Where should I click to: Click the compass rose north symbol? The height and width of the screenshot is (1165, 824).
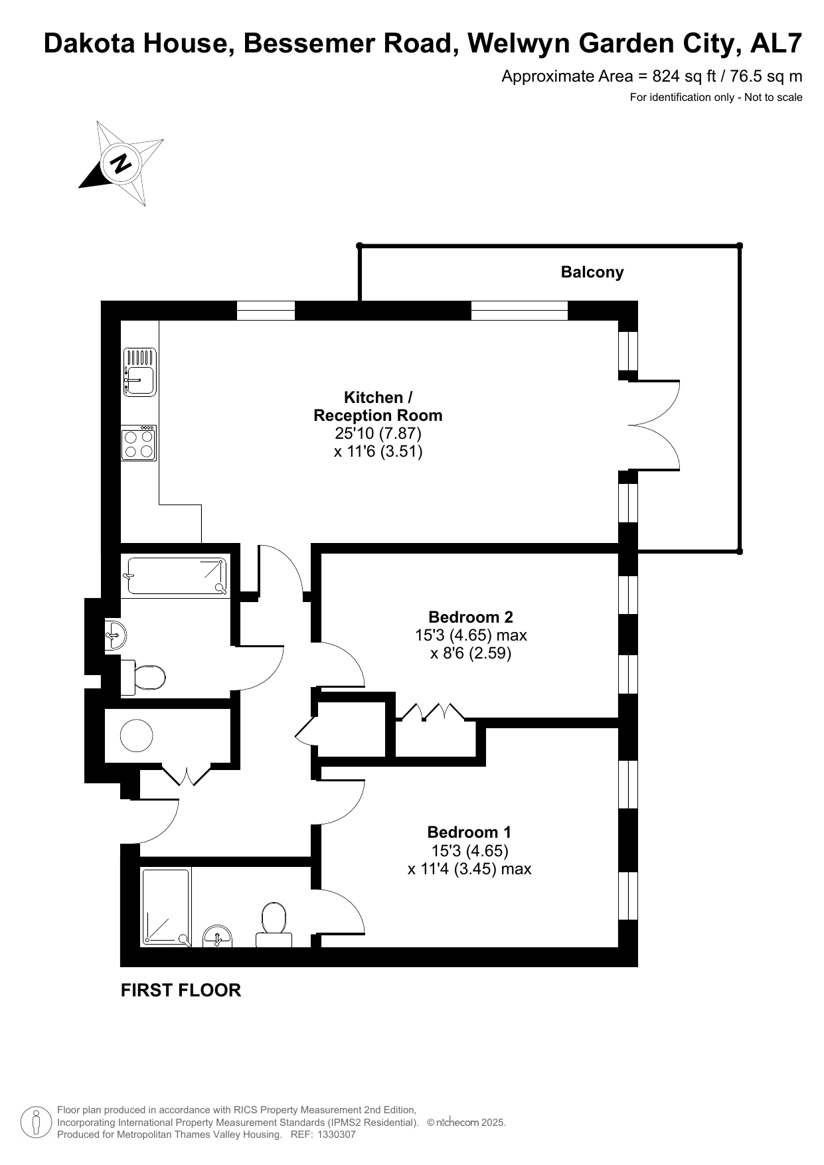tap(122, 163)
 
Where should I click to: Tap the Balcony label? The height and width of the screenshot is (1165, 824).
tap(592, 272)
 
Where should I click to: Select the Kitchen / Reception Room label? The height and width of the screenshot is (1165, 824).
tap(378, 406)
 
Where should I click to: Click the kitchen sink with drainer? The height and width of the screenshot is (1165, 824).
tap(139, 372)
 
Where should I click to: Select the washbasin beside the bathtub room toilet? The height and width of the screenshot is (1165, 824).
tap(115, 636)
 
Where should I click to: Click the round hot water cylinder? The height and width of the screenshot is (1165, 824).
tap(137, 736)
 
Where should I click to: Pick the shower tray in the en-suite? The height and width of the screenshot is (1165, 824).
tap(166, 907)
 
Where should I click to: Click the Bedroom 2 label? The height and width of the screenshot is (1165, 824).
tap(471, 617)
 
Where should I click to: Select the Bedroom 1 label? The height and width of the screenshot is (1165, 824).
tap(469, 832)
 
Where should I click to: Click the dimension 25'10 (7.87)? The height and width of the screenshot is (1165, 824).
tap(378, 433)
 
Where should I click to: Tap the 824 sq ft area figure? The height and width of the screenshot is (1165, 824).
tap(680, 76)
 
